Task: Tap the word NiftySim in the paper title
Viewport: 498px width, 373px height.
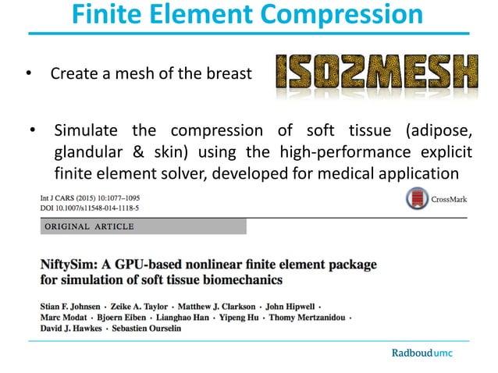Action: coord(71,265)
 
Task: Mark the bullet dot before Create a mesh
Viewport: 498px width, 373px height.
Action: coord(29,75)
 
